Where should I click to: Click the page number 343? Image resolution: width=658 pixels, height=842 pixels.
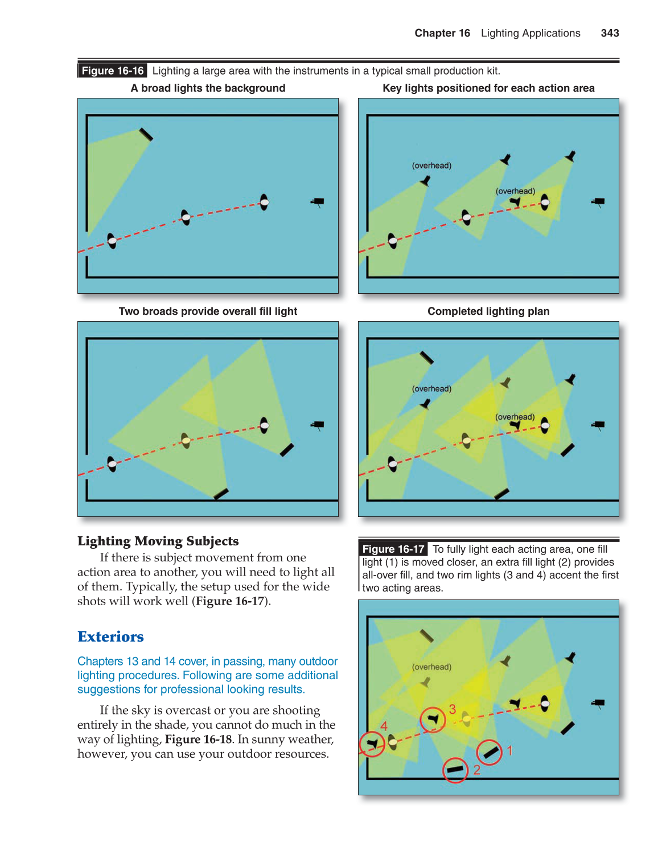(610, 33)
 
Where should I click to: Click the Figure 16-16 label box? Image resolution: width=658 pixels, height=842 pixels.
(113, 71)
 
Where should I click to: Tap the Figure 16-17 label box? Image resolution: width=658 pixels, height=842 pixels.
(393, 549)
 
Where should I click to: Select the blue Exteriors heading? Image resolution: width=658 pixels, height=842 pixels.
(110, 636)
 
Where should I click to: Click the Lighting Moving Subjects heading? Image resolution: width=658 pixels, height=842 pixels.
(158, 541)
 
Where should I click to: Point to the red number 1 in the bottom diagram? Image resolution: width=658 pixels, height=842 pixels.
(510, 751)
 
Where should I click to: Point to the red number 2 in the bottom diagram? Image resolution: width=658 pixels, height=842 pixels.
(477, 770)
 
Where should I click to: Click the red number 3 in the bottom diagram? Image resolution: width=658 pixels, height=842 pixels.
(453, 709)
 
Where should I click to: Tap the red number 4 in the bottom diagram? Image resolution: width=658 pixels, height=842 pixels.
(384, 726)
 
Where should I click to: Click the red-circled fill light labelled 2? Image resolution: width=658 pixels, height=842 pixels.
(455, 770)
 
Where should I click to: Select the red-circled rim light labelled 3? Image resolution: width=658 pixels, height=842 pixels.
(433, 720)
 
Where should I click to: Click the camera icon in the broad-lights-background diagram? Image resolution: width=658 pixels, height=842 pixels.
(318, 202)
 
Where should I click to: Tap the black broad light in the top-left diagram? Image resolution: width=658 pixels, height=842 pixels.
(146, 135)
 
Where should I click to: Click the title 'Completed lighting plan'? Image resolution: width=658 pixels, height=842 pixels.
(488, 311)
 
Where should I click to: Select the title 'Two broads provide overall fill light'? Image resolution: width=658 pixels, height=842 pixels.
(208, 311)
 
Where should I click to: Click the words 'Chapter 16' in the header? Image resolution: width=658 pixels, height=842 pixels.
(442, 33)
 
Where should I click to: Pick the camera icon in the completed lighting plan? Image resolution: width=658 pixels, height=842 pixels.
(598, 425)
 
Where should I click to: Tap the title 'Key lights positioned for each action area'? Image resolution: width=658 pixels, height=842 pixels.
(488, 88)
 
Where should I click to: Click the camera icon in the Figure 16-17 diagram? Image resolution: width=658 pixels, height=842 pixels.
(598, 703)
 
